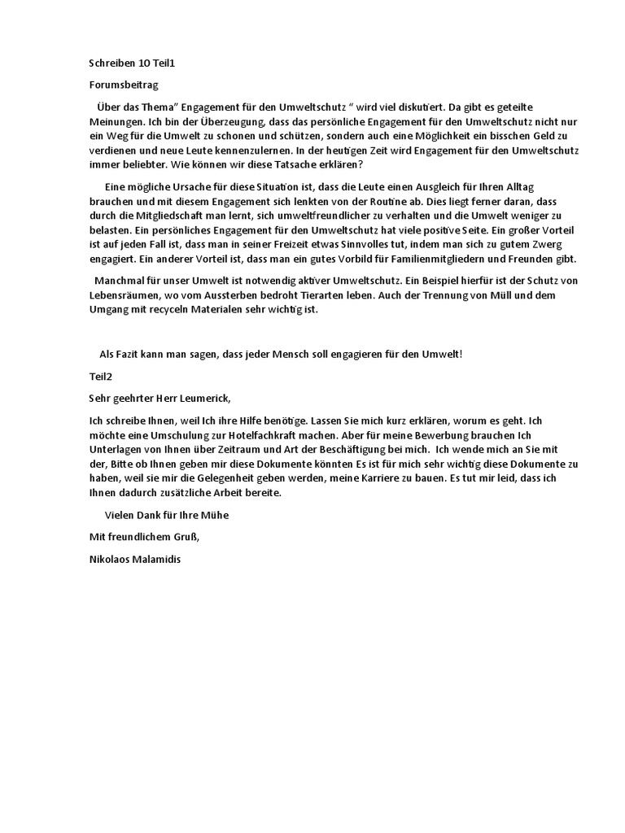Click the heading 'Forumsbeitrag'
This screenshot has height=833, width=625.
coord(122,84)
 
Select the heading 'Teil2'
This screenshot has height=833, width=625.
coord(101,377)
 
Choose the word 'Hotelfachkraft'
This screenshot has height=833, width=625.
coord(256,435)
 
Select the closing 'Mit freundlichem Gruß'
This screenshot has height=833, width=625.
coord(143,537)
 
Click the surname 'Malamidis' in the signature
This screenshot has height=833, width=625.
coord(156,559)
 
